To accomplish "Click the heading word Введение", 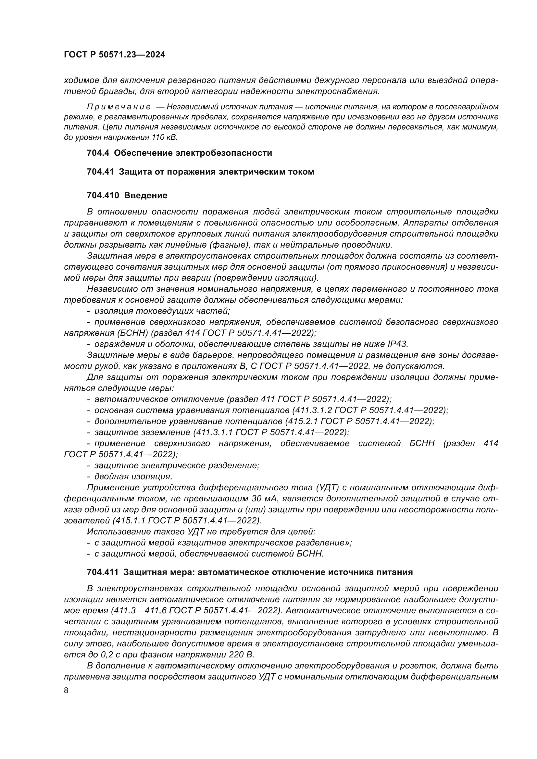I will point(145,195).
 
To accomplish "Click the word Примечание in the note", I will point(119,107).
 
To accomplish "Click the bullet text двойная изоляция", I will point(133,476).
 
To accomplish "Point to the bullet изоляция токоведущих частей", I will point(162,311).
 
